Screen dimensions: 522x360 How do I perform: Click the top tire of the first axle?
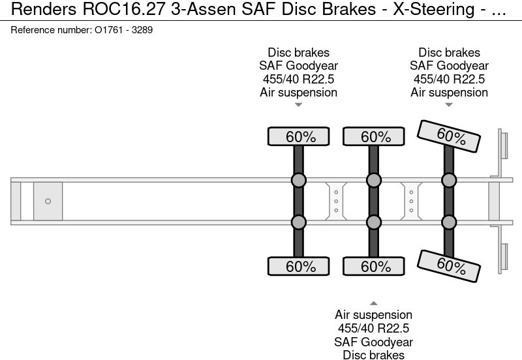point(299,136)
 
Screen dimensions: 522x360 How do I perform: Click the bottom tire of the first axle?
point(299,266)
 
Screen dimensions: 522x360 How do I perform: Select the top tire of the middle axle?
point(374,136)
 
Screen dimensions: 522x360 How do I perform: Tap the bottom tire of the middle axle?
point(374,266)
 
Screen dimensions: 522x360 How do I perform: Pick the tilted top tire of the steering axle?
point(449,136)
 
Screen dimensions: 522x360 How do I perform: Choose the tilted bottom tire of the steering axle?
point(449,266)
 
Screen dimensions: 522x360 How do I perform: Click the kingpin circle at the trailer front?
point(48,202)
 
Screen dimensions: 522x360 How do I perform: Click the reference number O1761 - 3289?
point(123,30)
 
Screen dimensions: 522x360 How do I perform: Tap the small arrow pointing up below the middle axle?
point(373,303)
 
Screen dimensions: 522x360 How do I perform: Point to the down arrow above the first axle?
point(299,105)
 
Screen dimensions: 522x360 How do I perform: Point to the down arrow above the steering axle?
point(449,105)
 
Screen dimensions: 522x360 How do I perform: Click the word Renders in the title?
point(44,9)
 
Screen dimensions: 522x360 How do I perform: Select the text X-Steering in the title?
point(434,9)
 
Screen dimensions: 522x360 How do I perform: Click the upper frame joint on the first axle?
point(299,181)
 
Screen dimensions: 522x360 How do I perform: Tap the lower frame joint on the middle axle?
point(374,222)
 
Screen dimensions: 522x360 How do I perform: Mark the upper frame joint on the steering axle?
point(449,181)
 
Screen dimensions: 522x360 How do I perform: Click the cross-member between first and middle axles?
point(336,202)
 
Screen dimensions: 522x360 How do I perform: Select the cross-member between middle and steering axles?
point(411,202)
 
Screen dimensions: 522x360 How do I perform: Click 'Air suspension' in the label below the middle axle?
point(373,315)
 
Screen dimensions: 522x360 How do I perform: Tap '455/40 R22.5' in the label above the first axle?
point(299,79)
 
